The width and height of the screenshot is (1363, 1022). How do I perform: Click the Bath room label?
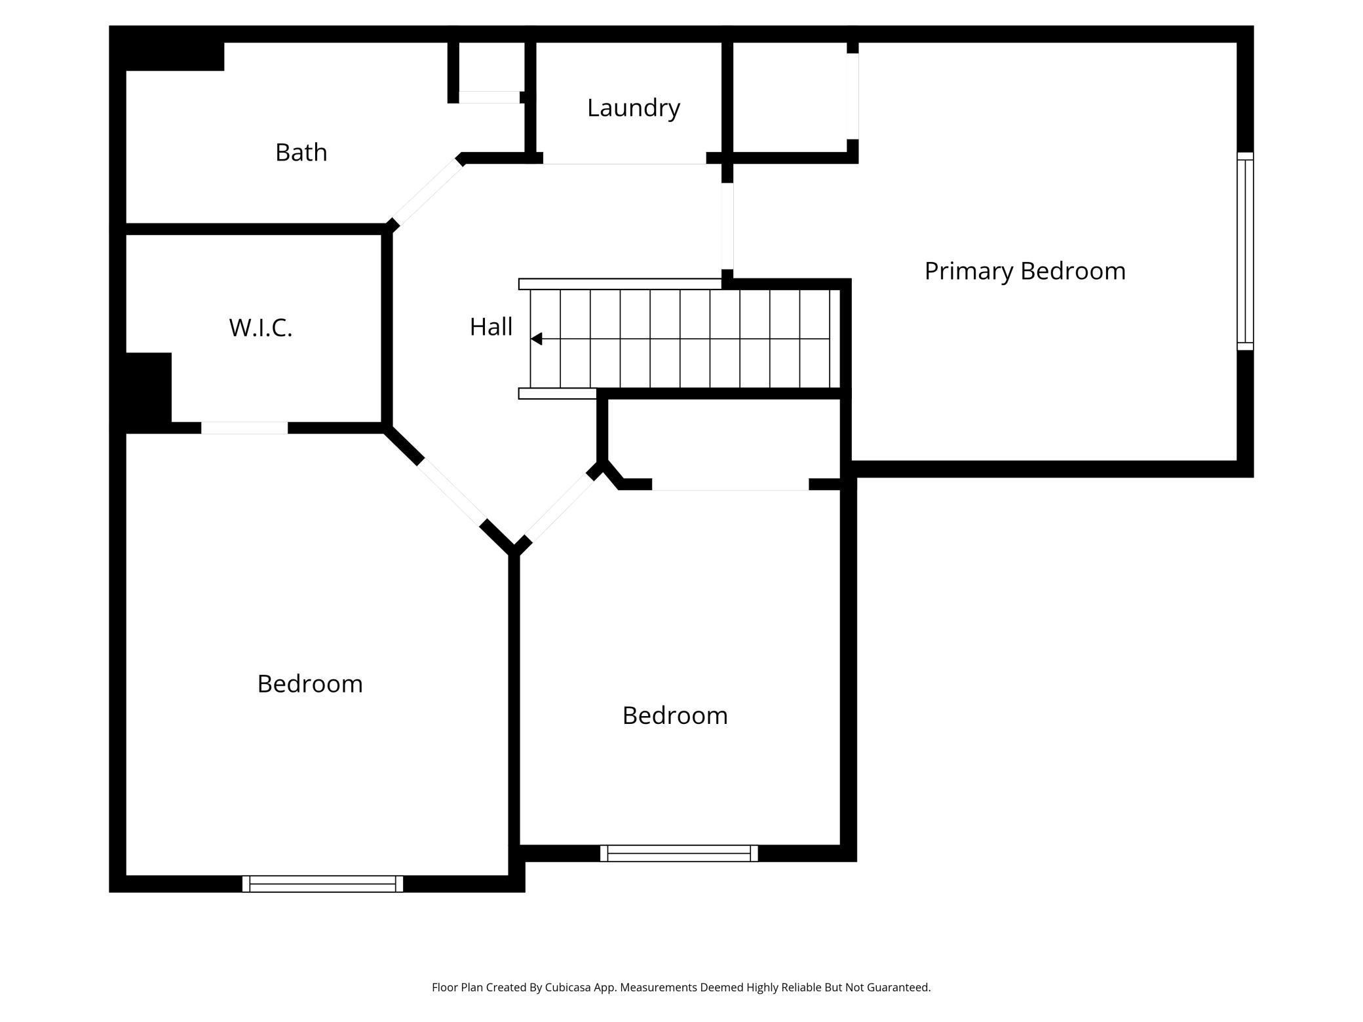pyautogui.click(x=301, y=153)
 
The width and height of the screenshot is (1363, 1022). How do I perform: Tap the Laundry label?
pyautogui.click(x=633, y=108)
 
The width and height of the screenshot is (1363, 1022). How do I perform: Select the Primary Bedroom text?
pyautogui.click(x=1024, y=271)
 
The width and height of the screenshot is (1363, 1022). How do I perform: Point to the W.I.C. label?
pyautogui.click(x=260, y=328)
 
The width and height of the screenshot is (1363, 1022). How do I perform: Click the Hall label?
pyautogui.click(x=491, y=327)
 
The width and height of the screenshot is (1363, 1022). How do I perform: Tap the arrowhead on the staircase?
pyautogui.click(x=537, y=339)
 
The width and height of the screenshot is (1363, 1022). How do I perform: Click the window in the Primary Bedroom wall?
pyautogui.click(x=1244, y=251)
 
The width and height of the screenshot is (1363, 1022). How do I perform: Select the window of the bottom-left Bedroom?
pyautogui.click(x=322, y=883)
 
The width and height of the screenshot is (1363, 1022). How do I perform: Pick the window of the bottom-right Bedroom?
pyautogui.click(x=679, y=853)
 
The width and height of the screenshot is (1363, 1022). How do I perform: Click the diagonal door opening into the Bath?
pyautogui.click(x=427, y=191)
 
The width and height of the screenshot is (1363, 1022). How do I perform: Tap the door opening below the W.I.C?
pyautogui.click(x=244, y=428)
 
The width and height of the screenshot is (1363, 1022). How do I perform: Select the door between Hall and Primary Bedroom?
pyautogui.click(x=727, y=226)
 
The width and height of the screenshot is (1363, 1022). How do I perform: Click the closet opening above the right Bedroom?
pyautogui.click(x=730, y=485)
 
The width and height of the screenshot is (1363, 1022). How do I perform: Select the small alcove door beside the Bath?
pyautogui.click(x=489, y=98)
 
